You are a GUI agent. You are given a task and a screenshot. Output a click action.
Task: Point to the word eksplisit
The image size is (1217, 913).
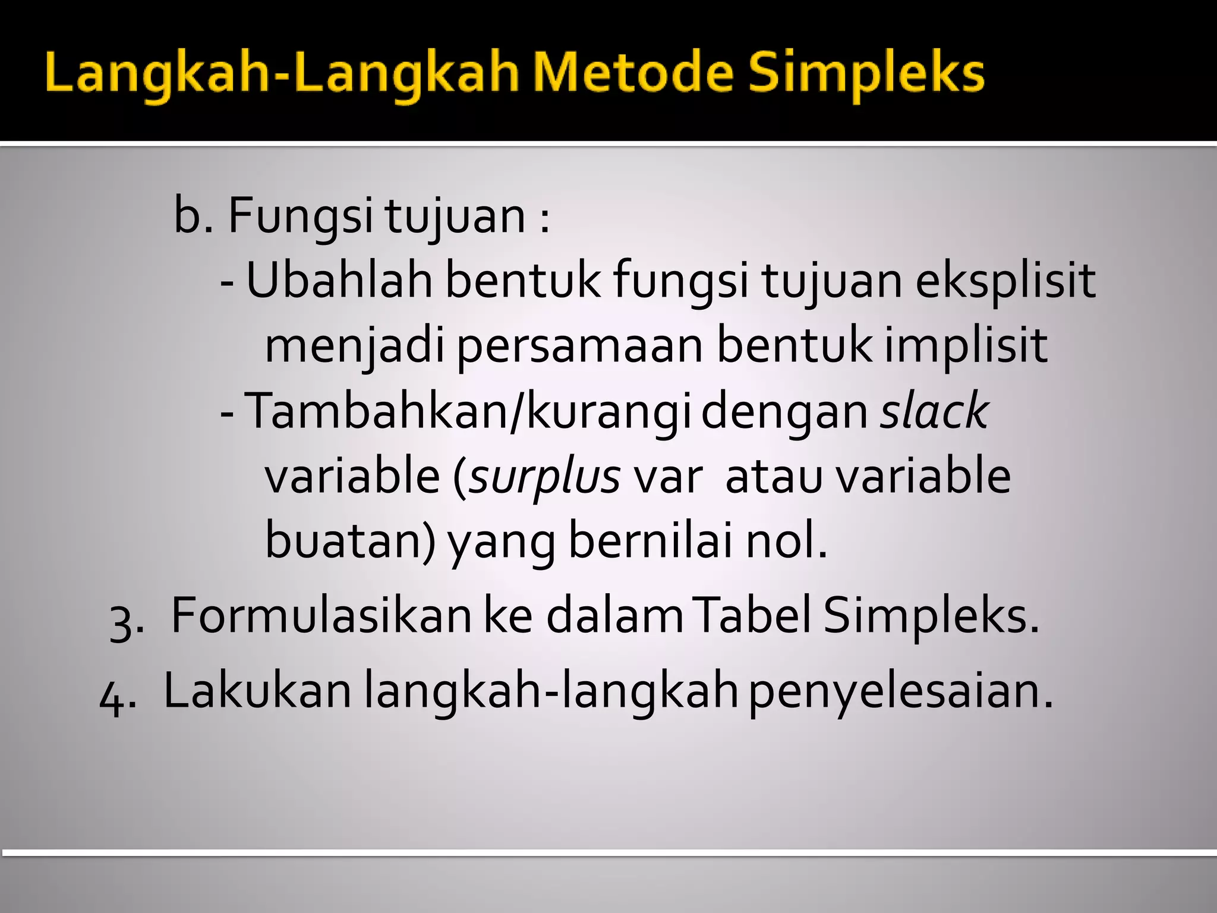(1005, 281)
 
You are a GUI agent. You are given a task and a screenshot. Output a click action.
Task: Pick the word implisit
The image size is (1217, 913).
(965, 346)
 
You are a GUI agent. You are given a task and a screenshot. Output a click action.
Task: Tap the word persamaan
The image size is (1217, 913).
(579, 346)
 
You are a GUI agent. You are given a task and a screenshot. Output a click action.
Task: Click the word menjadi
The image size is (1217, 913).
(354, 346)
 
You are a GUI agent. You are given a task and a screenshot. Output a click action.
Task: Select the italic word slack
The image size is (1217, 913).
(934, 411)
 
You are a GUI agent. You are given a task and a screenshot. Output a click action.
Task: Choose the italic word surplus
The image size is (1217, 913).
(544, 477)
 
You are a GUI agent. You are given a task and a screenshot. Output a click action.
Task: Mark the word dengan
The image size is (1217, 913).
(784, 412)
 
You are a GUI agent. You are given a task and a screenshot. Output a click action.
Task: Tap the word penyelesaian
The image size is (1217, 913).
(900, 691)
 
